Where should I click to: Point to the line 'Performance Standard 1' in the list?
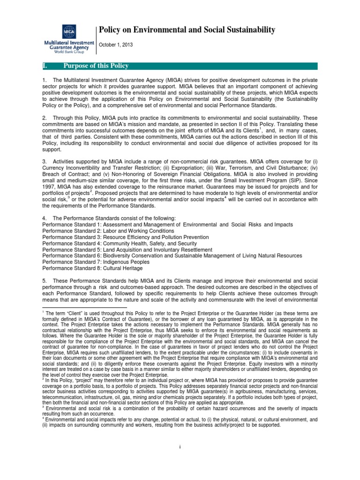tap(167, 225)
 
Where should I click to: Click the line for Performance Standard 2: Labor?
tap(108, 231)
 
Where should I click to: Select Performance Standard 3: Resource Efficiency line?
tap(125, 237)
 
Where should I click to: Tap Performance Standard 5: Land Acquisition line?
tap(127, 250)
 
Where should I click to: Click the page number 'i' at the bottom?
tap(180, 447)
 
